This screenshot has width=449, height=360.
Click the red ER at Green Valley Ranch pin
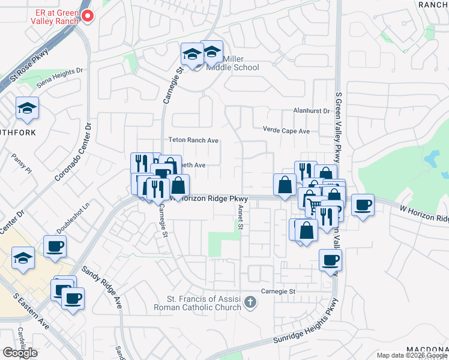click(x=88, y=16)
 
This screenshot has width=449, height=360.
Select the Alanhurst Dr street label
click(x=312, y=111)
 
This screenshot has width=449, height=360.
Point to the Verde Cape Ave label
click(x=286, y=130)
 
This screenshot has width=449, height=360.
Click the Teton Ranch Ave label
click(x=193, y=140)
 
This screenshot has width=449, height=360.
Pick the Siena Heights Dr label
click(x=59, y=78)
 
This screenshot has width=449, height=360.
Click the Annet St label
click(x=240, y=217)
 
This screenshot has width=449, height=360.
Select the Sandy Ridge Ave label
click(x=102, y=287)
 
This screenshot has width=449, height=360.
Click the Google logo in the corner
click(x=20, y=353)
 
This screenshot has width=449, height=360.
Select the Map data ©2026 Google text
click(x=412, y=355)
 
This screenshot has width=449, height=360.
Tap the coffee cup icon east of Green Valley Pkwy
click(x=363, y=205)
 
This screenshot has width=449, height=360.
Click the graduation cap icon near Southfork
click(x=27, y=108)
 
